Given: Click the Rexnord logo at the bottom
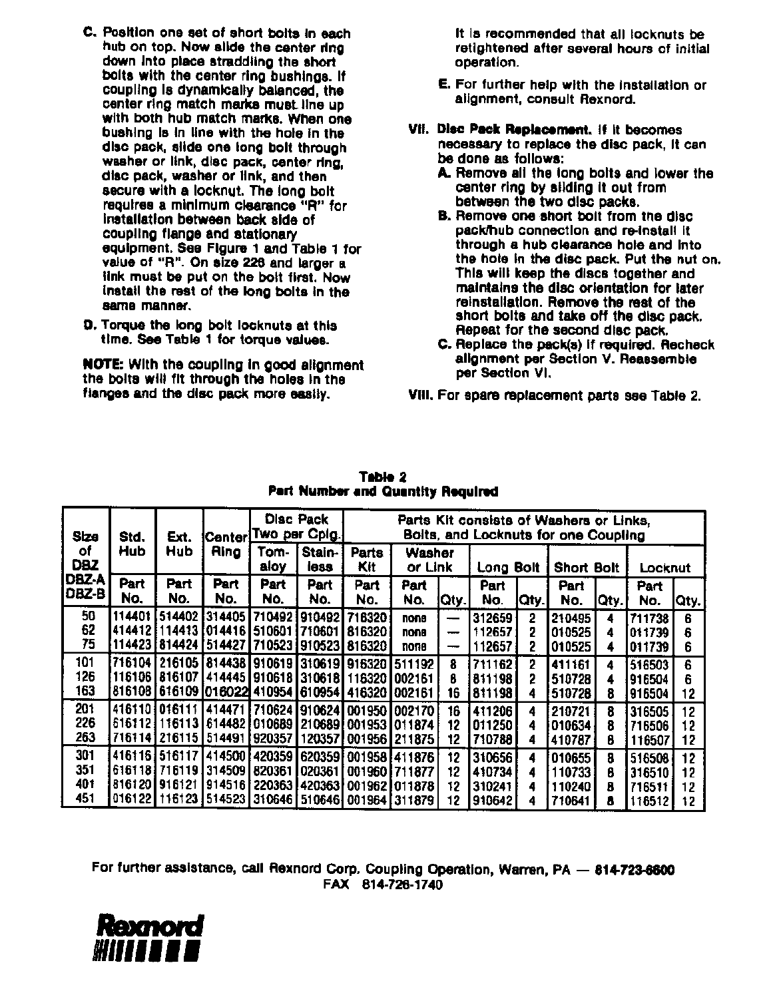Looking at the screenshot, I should tap(148, 938).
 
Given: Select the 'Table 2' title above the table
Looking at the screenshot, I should tap(382, 477).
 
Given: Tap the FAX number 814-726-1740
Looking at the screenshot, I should tap(401, 885).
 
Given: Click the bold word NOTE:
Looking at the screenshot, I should tap(103, 365).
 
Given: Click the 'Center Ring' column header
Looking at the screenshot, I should tap(226, 544).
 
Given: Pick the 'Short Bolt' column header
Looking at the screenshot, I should tap(587, 568).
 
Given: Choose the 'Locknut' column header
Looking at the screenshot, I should tap(664, 568).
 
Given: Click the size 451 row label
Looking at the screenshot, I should tap(86, 801).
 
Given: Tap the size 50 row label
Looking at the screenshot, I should tap(86, 618).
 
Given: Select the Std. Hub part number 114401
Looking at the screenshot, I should tap(132, 618).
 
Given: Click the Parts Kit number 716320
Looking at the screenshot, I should tap(367, 618).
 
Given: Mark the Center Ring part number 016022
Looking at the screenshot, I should tap(226, 692).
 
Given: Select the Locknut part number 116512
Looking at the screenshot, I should tap(649, 801).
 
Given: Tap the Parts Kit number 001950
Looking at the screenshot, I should tap(367, 711).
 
